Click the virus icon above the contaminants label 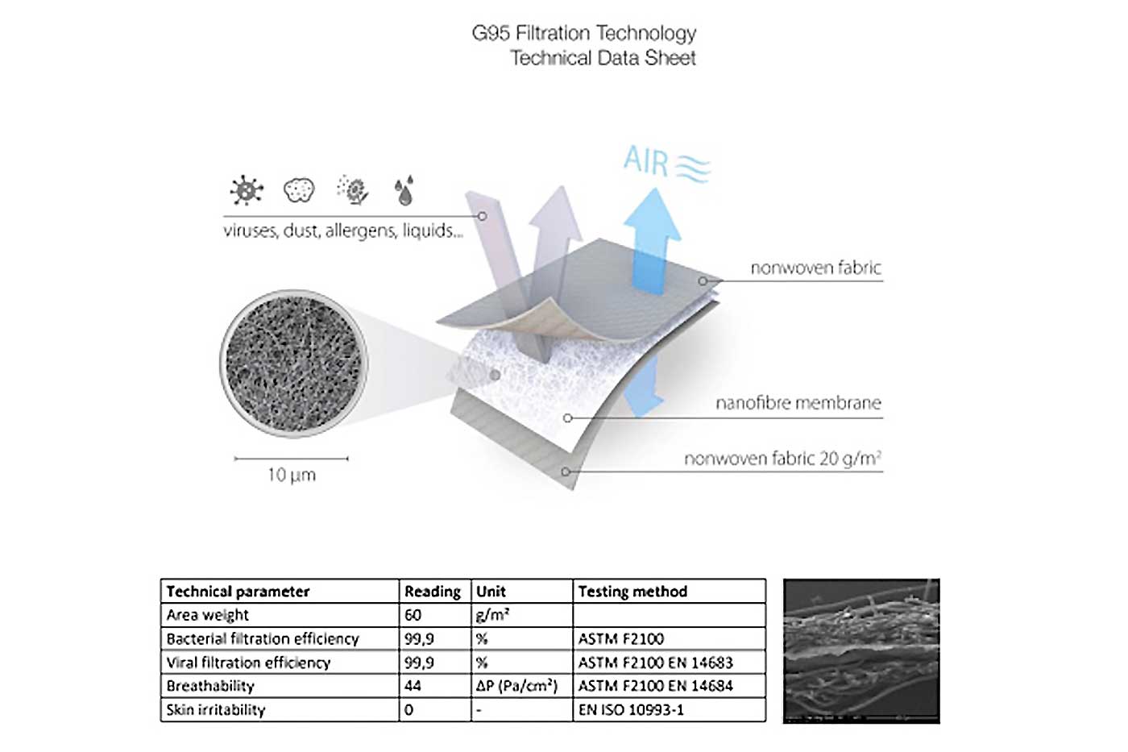pyautogui.click(x=247, y=190)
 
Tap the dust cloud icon pyautogui.click(x=299, y=190)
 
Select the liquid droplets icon pyautogui.click(x=404, y=190)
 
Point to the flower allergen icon pyautogui.click(x=353, y=190)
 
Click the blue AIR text pyautogui.click(x=646, y=161)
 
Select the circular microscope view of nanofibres pyautogui.click(x=293, y=364)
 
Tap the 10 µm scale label pyautogui.click(x=292, y=475)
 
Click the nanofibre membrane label pyautogui.click(x=798, y=403)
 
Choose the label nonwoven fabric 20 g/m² pyautogui.click(x=783, y=459)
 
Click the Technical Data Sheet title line pyautogui.click(x=603, y=58)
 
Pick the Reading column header pyautogui.click(x=433, y=592)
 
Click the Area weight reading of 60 pyautogui.click(x=413, y=615)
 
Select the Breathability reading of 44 pyautogui.click(x=413, y=686)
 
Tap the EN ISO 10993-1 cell pyautogui.click(x=631, y=710)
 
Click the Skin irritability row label pyautogui.click(x=216, y=710)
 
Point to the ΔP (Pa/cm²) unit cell pyautogui.click(x=517, y=686)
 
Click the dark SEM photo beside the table pyautogui.click(x=861, y=650)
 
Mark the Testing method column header pyautogui.click(x=632, y=592)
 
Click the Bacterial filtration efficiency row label pyautogui.click(x=263, y=638)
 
